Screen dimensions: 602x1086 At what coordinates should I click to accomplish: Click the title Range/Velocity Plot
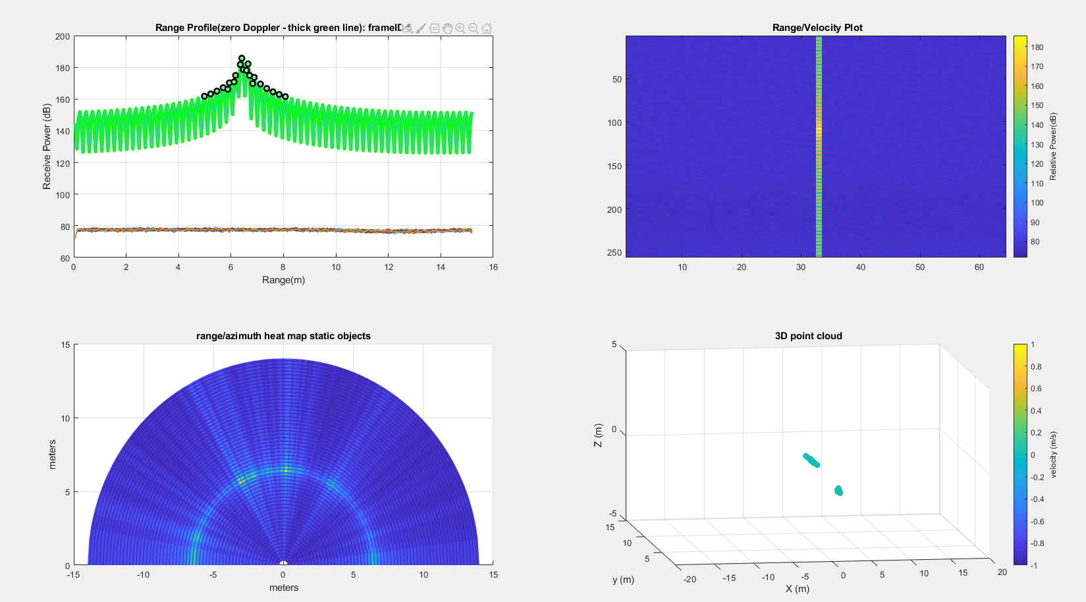pyautogui.click(x=817, y=28)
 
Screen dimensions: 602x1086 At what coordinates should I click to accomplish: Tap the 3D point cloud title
pyautogui.click(x=808, y=336)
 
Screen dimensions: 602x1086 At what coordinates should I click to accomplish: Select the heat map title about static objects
pyautogui.click(x=283, y=336)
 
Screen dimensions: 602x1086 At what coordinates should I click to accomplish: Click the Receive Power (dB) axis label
pyautogui.click(x=47, y=146)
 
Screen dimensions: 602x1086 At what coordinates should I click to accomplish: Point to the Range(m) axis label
pyautogui.click(x=283, y=280)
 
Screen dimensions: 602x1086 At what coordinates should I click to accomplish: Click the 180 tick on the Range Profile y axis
pyautogui.click(x=63, y=68)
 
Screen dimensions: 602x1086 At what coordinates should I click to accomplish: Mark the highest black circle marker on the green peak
pyautogui.click(x=242, y=59)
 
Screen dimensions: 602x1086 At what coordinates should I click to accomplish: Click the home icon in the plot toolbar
pyautogui.click(x=487, y=28)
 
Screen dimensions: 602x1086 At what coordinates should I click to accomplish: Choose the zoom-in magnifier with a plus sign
pyautogui.click(x=460, y=28)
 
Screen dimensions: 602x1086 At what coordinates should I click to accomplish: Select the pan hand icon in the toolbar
pyautogui.click(x=447, y=28)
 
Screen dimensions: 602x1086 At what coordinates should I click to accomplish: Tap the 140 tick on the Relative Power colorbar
pyautogui.click(x=1037, y=125)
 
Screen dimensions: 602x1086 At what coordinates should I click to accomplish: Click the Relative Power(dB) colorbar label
pyautogui.click(x=1053, y=146)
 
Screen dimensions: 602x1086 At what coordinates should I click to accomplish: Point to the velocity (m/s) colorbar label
pyautogui.click(x=1054, y=454)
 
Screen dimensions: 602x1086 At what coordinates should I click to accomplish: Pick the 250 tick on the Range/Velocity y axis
pyautogui.click(x=614, y=253)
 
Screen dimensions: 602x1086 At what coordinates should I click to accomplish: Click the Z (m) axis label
pyautogui.click(x=598, y=435)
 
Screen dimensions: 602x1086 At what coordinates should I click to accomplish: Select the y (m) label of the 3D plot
pyautogui.click(x=623, y=580)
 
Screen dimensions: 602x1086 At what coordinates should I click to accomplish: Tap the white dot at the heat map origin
pyautogui.click(x=283, y=564)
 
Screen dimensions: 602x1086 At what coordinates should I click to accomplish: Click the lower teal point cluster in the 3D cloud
pyautogui.click(x=838, y=491)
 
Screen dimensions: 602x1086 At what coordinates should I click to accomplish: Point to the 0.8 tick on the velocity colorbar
pyautogui.click(x=1037, y=367)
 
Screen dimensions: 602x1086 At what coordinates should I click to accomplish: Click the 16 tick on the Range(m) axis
pyautogui.click(x=493, y=267)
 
